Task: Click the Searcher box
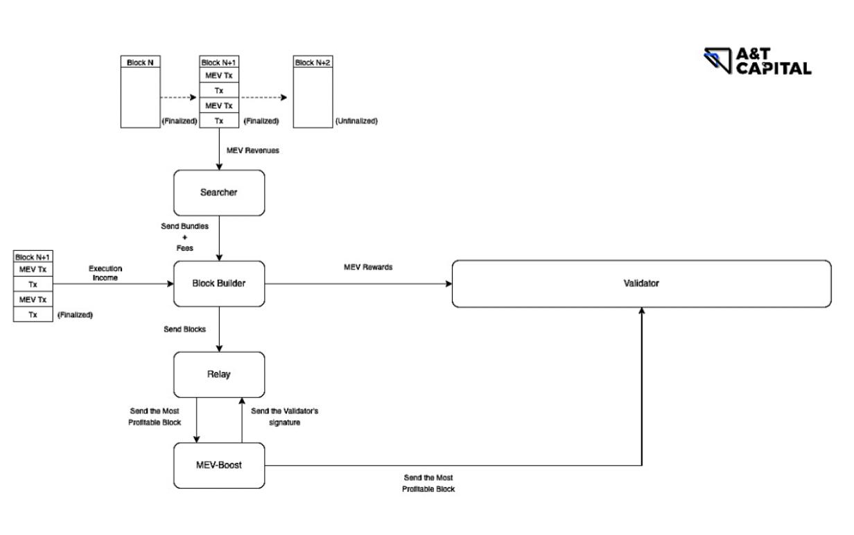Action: [x=219, y=192]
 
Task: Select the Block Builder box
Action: [x=219, y=283]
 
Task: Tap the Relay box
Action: [x=219, y=374]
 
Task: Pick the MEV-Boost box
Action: [x=219, y=465]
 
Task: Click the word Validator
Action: [x=641, y=283]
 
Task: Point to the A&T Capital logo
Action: [x=757, y=61]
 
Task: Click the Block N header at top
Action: [x=140, y=62]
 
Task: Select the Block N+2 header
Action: [x=313, y=62]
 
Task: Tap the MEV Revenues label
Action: [x=253, y=150]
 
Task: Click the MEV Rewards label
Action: [x=368, y=267]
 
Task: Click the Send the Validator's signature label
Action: [x=275, y=416]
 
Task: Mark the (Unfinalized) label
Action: [x=356, y=121]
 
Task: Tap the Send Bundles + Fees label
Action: [x=184, y=237]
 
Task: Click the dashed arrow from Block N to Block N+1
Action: [x=179, y=98]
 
